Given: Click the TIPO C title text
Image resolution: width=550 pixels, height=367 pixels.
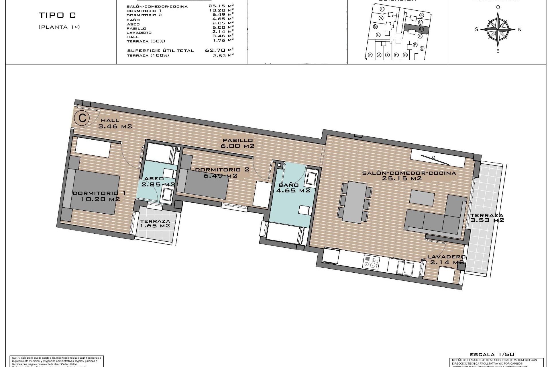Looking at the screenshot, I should [57, 15].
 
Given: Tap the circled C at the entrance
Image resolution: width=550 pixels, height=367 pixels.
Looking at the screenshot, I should [82, 118].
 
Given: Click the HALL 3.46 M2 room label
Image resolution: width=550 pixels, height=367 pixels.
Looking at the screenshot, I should [115, 123].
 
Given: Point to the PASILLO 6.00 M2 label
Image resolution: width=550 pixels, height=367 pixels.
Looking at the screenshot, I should [237, 143].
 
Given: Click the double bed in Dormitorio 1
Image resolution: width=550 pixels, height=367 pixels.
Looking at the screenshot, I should [95, 191].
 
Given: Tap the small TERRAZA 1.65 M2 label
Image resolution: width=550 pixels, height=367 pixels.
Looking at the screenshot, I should [155, 223].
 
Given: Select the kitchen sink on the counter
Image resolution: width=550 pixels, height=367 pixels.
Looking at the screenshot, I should [404, 268].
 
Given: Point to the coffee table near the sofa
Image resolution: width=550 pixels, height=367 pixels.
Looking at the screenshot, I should [422, 198].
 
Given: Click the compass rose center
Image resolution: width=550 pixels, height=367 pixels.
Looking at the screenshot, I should [498, 29].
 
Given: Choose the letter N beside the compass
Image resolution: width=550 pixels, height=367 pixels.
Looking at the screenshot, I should [520, 29].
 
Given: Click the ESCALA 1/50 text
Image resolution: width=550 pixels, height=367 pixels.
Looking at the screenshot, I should [492, 355].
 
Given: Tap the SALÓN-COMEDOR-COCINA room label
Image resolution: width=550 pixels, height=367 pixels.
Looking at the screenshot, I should [409, 175].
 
